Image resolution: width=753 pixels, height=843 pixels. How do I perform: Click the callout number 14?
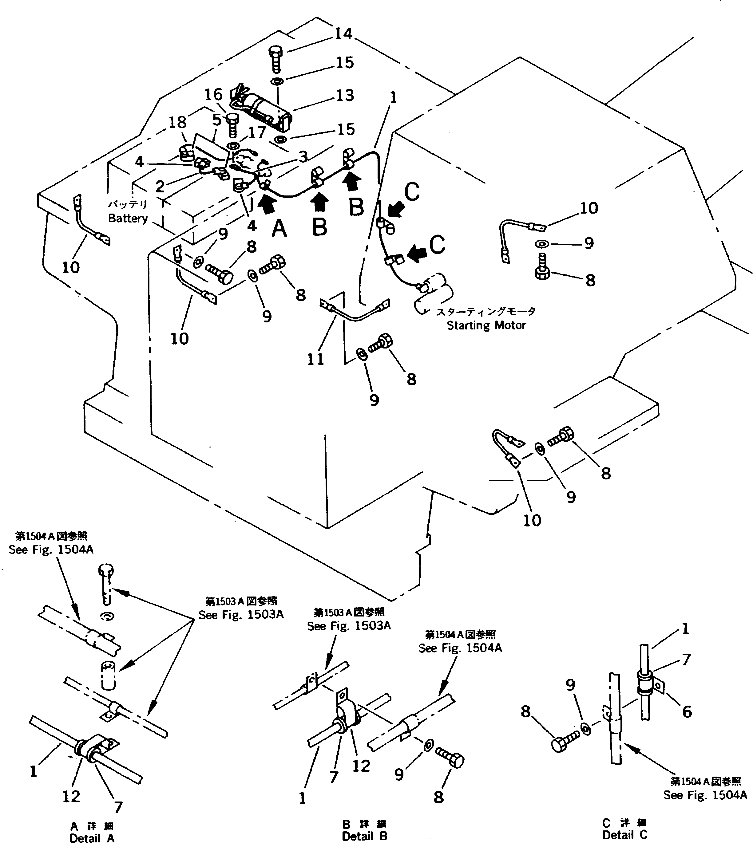(x=343, y=33)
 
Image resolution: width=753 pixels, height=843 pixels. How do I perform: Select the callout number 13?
(x=345, y=96)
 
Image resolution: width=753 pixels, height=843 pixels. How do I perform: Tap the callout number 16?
(x=213, y=95)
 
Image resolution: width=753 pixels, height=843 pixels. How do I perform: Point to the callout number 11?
(x=315, y=359)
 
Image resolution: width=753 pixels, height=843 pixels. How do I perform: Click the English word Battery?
(x=128, y=218)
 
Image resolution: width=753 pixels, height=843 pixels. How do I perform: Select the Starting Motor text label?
(x=486, y=325)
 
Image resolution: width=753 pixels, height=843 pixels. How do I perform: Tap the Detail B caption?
(x=364, y=836)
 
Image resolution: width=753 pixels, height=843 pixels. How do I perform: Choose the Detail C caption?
(x=624, y=835)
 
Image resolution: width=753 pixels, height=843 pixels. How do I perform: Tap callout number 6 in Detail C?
(x=687, y=711)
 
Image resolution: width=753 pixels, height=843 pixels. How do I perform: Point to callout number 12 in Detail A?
(x=71, y=796)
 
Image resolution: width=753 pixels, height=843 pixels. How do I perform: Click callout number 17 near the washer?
(x=257, y=132)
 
